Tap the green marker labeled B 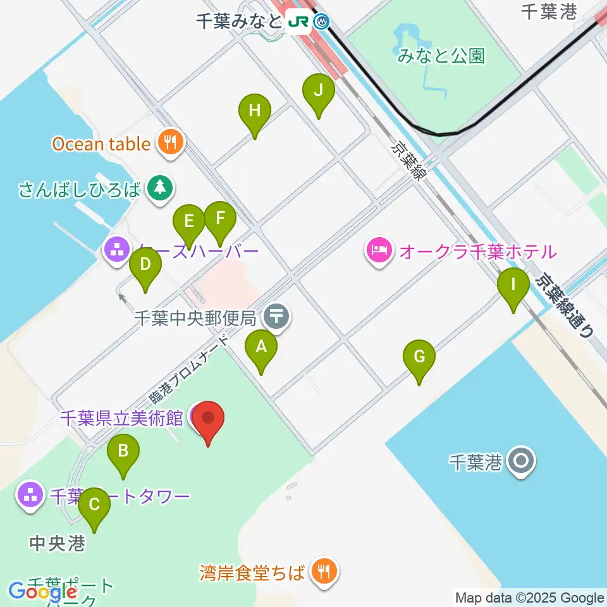(123, 451)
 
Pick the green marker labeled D (145, 266)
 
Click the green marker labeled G (419, 357)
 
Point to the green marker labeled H (255, 112)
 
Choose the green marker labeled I (513, 285)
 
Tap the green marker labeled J (319, 91)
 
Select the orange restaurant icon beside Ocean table (170, 144)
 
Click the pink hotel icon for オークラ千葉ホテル (379, 252)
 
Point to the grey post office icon (276, 316)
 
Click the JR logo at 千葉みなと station (298, 21)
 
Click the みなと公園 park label (441, 56)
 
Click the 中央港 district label (58, 543)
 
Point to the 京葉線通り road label (565, 303)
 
